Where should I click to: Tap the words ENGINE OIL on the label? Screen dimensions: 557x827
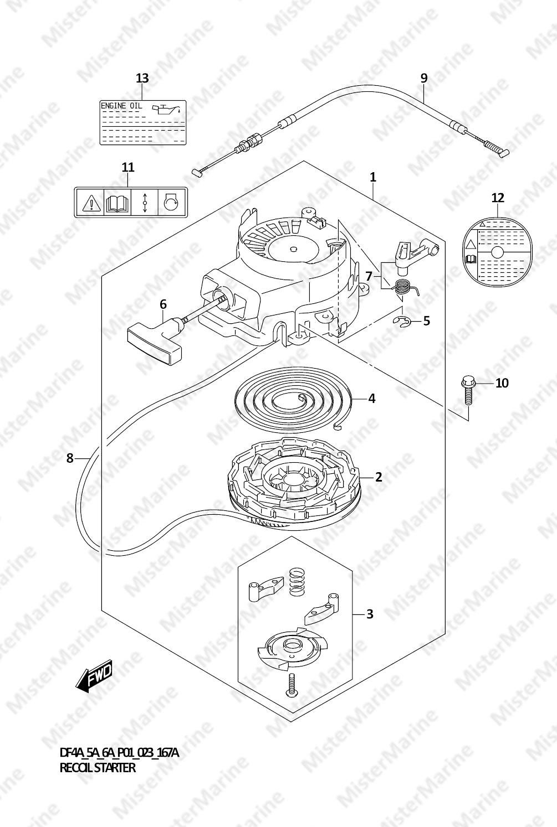[121, 106]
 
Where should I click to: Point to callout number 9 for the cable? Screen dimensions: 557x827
[424, 78]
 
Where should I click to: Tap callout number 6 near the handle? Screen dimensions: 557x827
[163, 304]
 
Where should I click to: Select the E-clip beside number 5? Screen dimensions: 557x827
[401, 322]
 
